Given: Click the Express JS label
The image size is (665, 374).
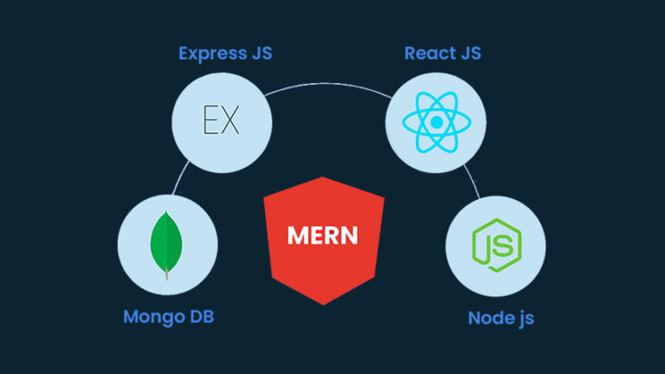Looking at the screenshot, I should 225,54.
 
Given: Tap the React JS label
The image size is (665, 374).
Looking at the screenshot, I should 442,54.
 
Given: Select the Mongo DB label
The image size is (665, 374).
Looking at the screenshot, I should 168,316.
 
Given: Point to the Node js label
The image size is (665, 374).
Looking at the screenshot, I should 500,318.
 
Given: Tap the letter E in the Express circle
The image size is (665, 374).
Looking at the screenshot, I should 210,119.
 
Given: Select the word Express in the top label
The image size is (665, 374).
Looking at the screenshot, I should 211,54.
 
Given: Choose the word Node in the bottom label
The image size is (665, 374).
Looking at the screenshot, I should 487,318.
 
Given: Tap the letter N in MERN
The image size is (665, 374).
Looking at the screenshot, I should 348,235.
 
